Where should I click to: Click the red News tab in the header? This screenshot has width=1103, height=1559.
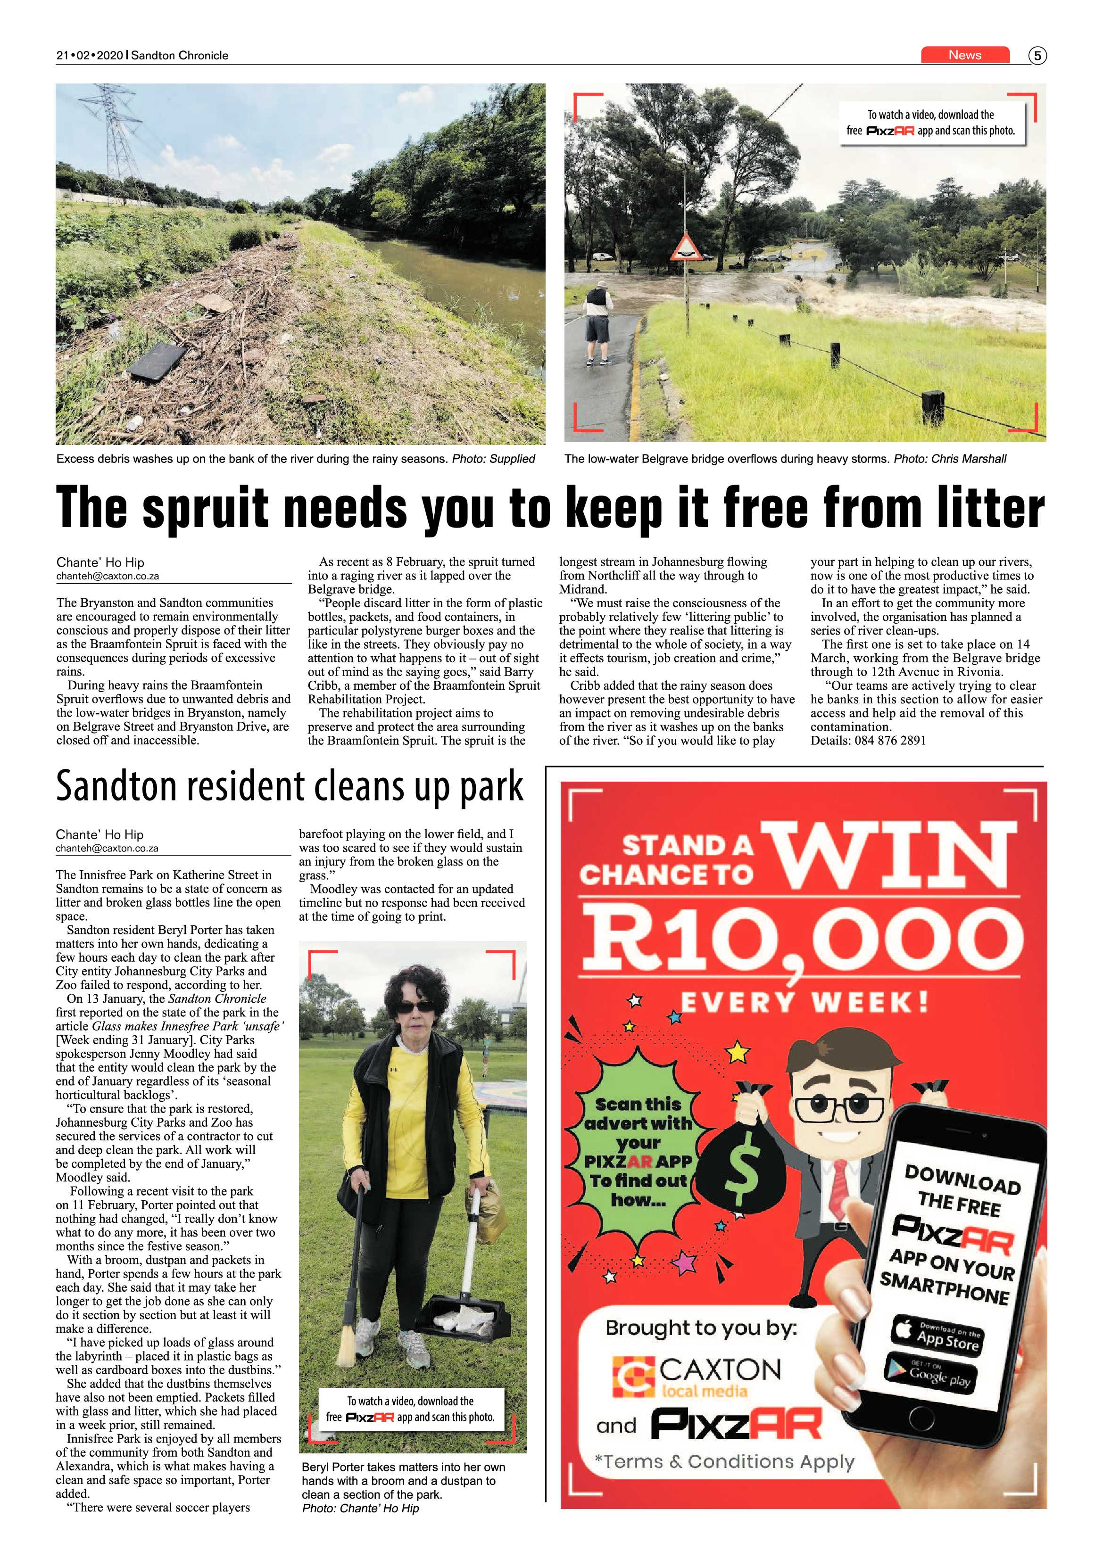[x=964, y=55]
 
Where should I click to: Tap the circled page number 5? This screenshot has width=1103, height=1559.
[x=1037, y=56]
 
